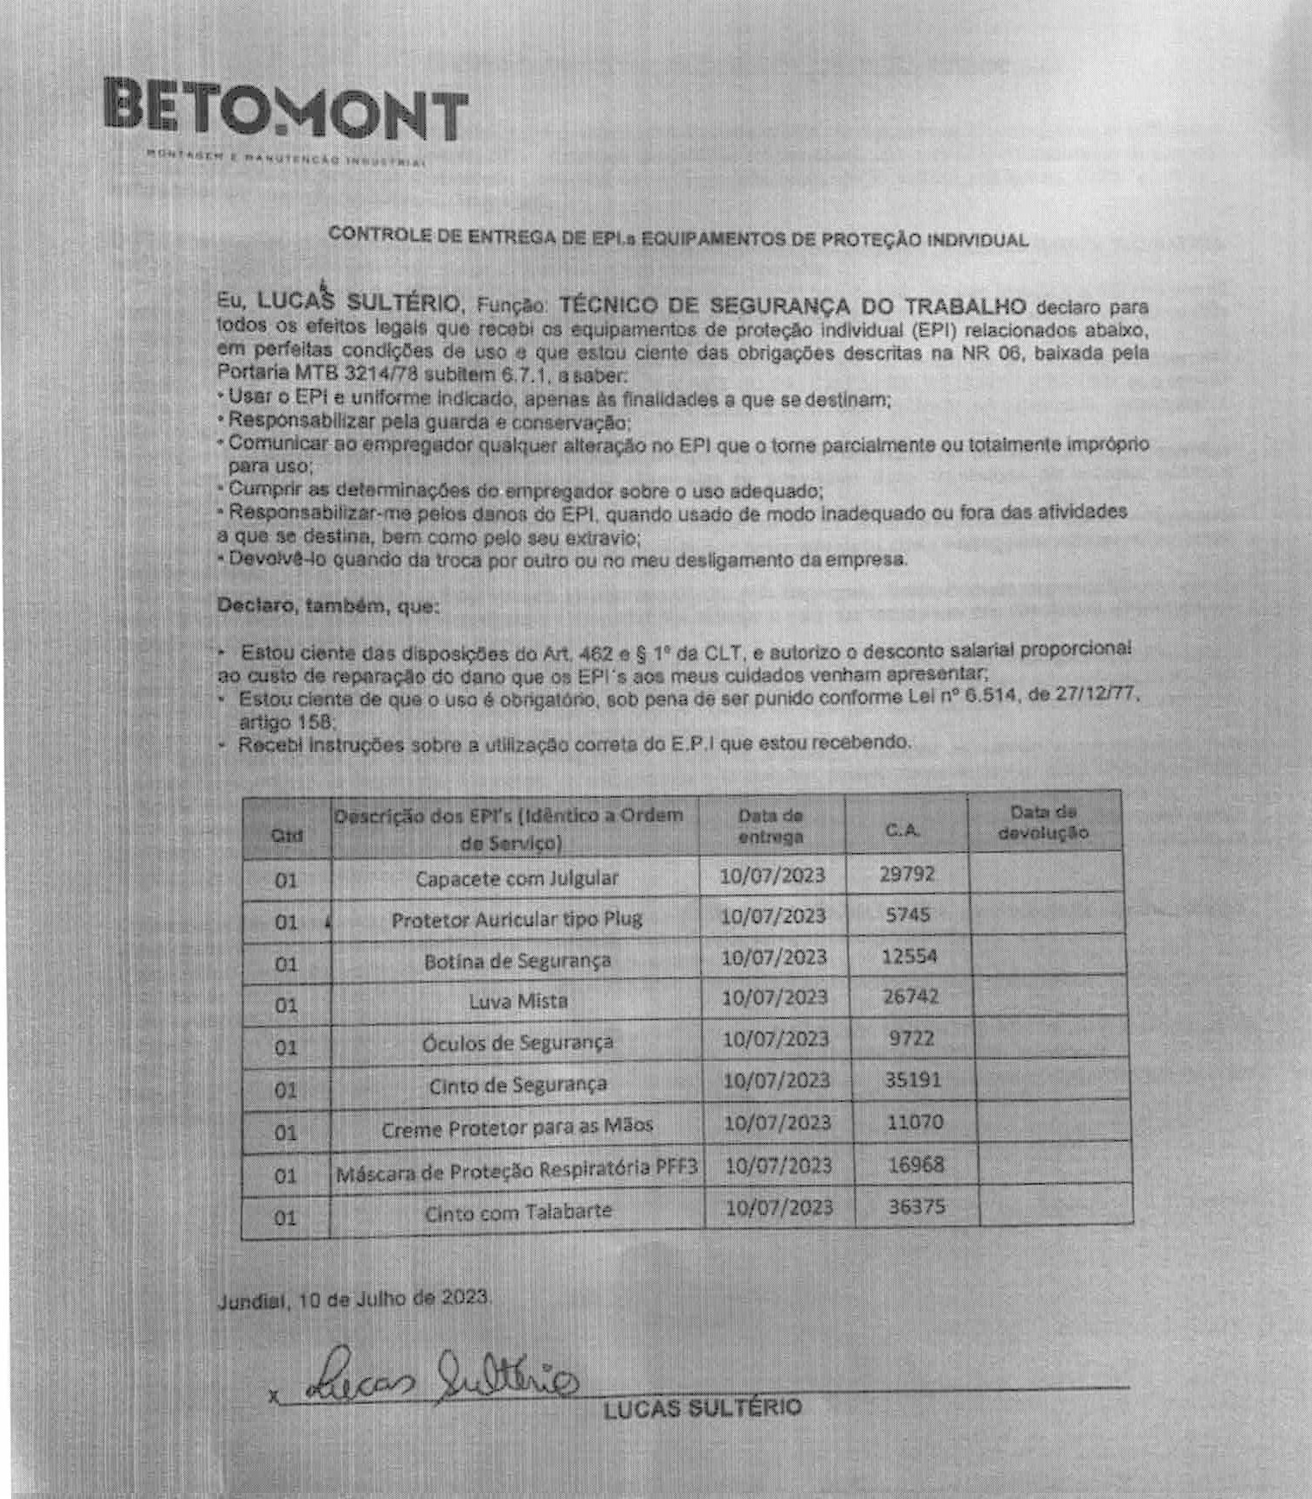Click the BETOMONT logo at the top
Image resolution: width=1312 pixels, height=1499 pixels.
point(285,111)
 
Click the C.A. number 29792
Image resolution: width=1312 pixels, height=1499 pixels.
point(906,874)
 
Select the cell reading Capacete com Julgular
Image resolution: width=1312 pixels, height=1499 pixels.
point(516,878)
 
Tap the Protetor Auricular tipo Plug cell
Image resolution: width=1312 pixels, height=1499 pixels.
point(516,919)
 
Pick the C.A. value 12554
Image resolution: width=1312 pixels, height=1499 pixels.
point(909,956)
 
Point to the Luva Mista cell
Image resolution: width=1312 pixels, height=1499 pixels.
point(518,1001)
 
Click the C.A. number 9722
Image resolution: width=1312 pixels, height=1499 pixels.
point(911,1038)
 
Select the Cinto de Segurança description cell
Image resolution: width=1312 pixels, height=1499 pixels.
point(518,1085)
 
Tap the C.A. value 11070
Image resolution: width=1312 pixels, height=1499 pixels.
point(915,1122)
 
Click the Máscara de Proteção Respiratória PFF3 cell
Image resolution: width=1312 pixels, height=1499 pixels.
point(516,1170)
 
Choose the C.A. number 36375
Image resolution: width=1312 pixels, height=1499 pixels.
point(917,1206)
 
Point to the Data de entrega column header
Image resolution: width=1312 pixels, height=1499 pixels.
point(771,825)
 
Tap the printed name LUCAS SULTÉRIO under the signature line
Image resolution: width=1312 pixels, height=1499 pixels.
point(702,1408)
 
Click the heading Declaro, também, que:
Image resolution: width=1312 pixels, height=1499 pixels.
point(328,605)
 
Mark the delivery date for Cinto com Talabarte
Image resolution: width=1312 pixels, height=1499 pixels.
point(779,1207)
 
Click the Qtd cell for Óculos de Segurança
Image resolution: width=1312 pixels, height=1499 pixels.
point(286,1047)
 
